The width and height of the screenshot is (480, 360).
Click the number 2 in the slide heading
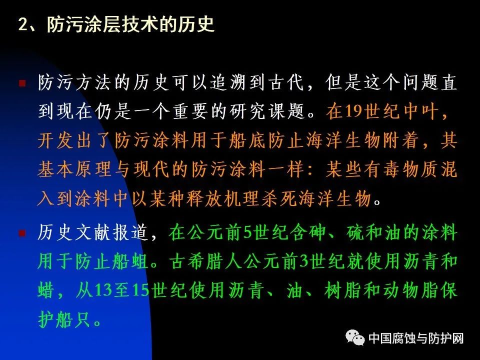(x=23, y=24)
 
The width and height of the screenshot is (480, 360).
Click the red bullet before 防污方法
(x=22, y=82)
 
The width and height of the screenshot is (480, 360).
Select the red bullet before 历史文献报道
(x=22, y=233)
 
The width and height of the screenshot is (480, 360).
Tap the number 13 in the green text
(x=103, y=290)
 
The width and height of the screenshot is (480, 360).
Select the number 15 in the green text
(x=141, y=290)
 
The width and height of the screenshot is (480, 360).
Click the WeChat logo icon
(x=355, y=337)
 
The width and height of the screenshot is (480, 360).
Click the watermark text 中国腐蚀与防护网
(x=415, y=338)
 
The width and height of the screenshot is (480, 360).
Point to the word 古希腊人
(x=205, y=261)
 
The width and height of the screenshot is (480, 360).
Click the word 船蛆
(x=130, y=261)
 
